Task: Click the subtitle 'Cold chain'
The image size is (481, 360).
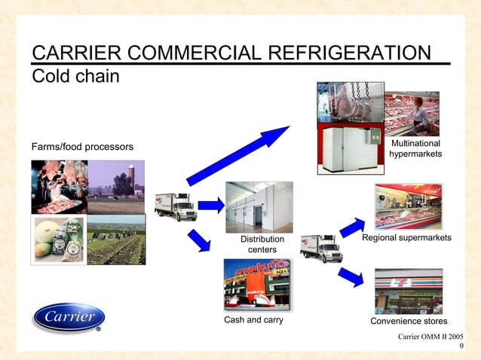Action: [x=75, y=76]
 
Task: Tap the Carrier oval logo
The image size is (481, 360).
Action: [x=69, y=317]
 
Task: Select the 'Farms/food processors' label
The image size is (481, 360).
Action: [x=82, y=146]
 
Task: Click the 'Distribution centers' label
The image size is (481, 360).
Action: [x=262, y=244]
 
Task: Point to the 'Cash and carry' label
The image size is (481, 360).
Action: [x=254, y=320]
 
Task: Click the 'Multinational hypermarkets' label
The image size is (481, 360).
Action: [x=415, y=148]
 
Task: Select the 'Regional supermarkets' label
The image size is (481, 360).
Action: [x=406, y=238]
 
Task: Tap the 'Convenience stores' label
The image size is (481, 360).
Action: [x=409, y=322]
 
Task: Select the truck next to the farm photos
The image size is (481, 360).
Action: [x=176, y=206]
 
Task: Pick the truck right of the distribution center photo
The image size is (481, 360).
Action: [x=321, y=247]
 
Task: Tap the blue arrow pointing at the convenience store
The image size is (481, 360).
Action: [x=351, y=277]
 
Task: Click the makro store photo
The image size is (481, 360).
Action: [x=256, y=285]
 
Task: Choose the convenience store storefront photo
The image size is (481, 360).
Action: [x=409, y=291]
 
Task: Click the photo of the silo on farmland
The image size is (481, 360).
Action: [x=116, y=186]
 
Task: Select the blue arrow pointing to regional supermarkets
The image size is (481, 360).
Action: [x=352, y=226]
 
